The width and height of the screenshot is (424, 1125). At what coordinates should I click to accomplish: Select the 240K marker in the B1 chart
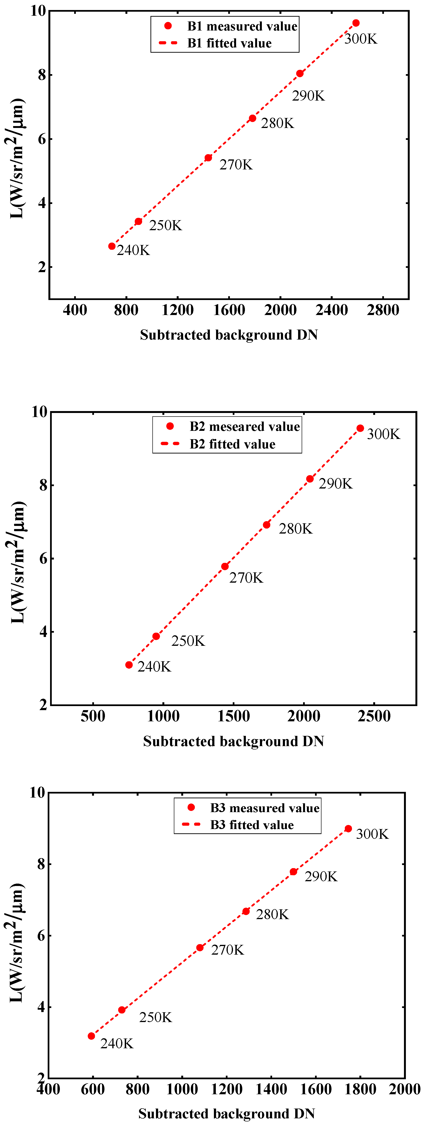[x=112, y=246]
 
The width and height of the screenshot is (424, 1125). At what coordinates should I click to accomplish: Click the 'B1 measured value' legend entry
[x=242, y=26]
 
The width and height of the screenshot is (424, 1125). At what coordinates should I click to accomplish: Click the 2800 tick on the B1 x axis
[x=383, y=310]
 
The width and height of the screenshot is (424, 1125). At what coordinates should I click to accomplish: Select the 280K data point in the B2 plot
[x=267, y=524]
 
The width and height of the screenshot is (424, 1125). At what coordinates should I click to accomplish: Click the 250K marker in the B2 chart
[x=156, y=636]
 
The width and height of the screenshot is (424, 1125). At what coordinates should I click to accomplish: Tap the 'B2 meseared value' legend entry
[x=244, y=426]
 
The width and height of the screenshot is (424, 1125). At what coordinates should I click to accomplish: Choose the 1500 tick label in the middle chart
[x=233, y=716]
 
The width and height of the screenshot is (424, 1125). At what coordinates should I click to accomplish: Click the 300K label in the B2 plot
[x=383, y=434]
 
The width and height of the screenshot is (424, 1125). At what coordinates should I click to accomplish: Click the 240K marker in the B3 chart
[x=91, y=1036]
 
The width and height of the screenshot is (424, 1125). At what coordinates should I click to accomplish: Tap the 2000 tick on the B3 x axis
[x=404, y=1089]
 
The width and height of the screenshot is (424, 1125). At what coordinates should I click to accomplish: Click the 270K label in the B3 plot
[x=227, y=950]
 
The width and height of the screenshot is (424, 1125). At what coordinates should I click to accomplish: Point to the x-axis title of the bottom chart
[x=226, y=1114]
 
